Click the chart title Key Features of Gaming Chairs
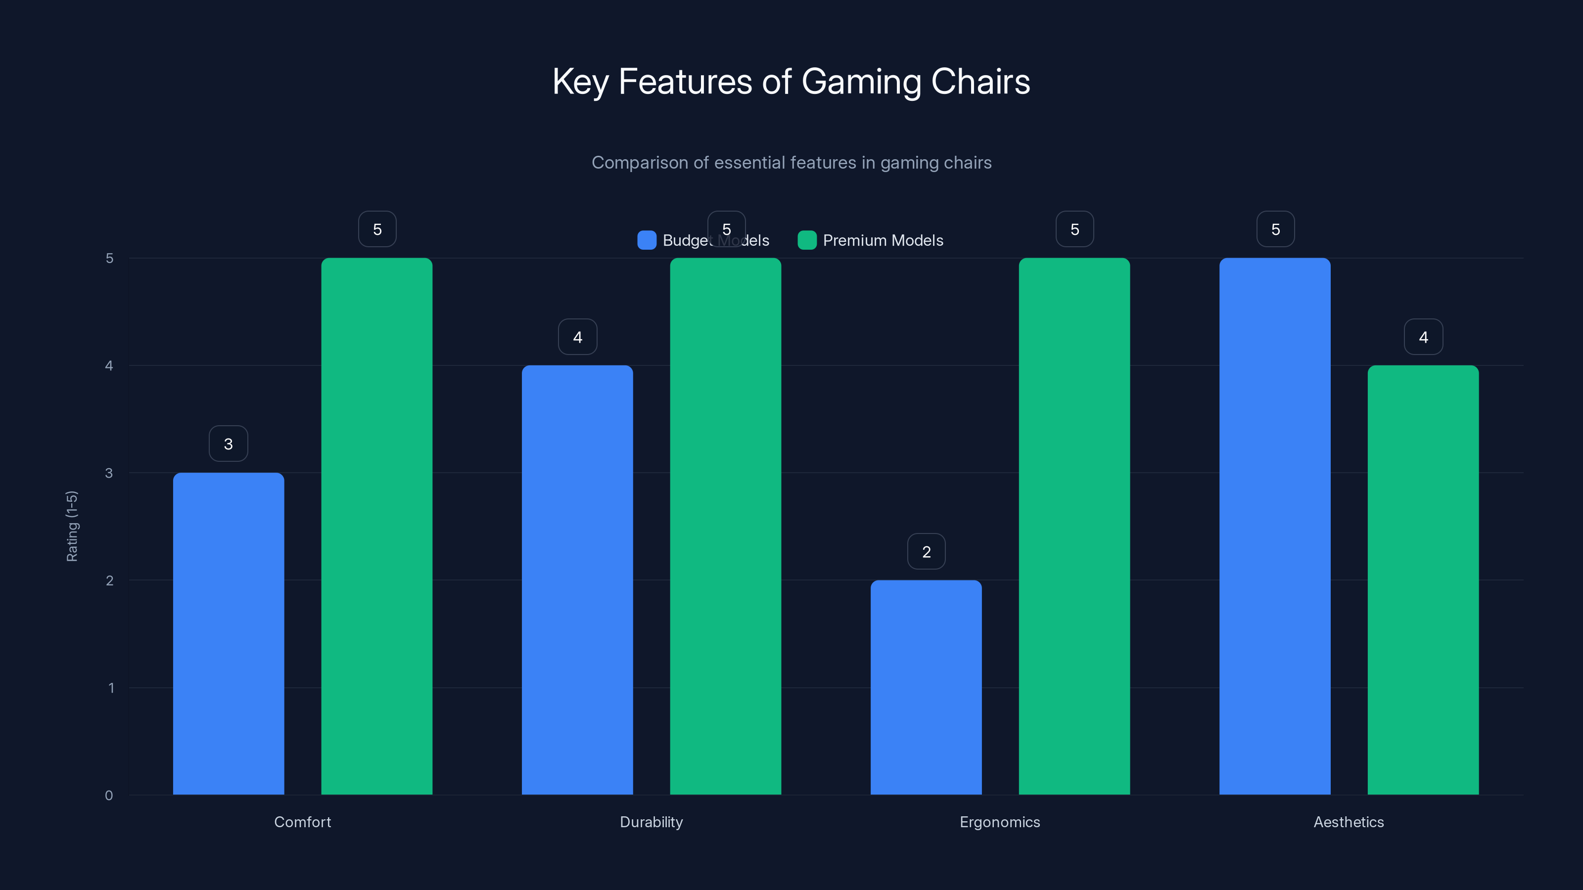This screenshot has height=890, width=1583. tap(791, 82)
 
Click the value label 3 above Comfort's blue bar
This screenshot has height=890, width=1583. tap(229, 444)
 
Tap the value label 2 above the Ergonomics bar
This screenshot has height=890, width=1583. tap(926, 552)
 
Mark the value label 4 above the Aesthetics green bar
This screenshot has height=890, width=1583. tap(1423, 337)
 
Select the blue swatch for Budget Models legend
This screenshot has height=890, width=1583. tap(647, 240)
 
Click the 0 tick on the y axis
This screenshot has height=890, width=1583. tap(109, 796)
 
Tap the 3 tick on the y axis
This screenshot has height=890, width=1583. tap(109, 473)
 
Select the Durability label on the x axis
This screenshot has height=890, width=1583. tap(652, 822)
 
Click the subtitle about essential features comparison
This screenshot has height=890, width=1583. tap(791, 162)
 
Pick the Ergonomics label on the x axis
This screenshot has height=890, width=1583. tap(1000, 822)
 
